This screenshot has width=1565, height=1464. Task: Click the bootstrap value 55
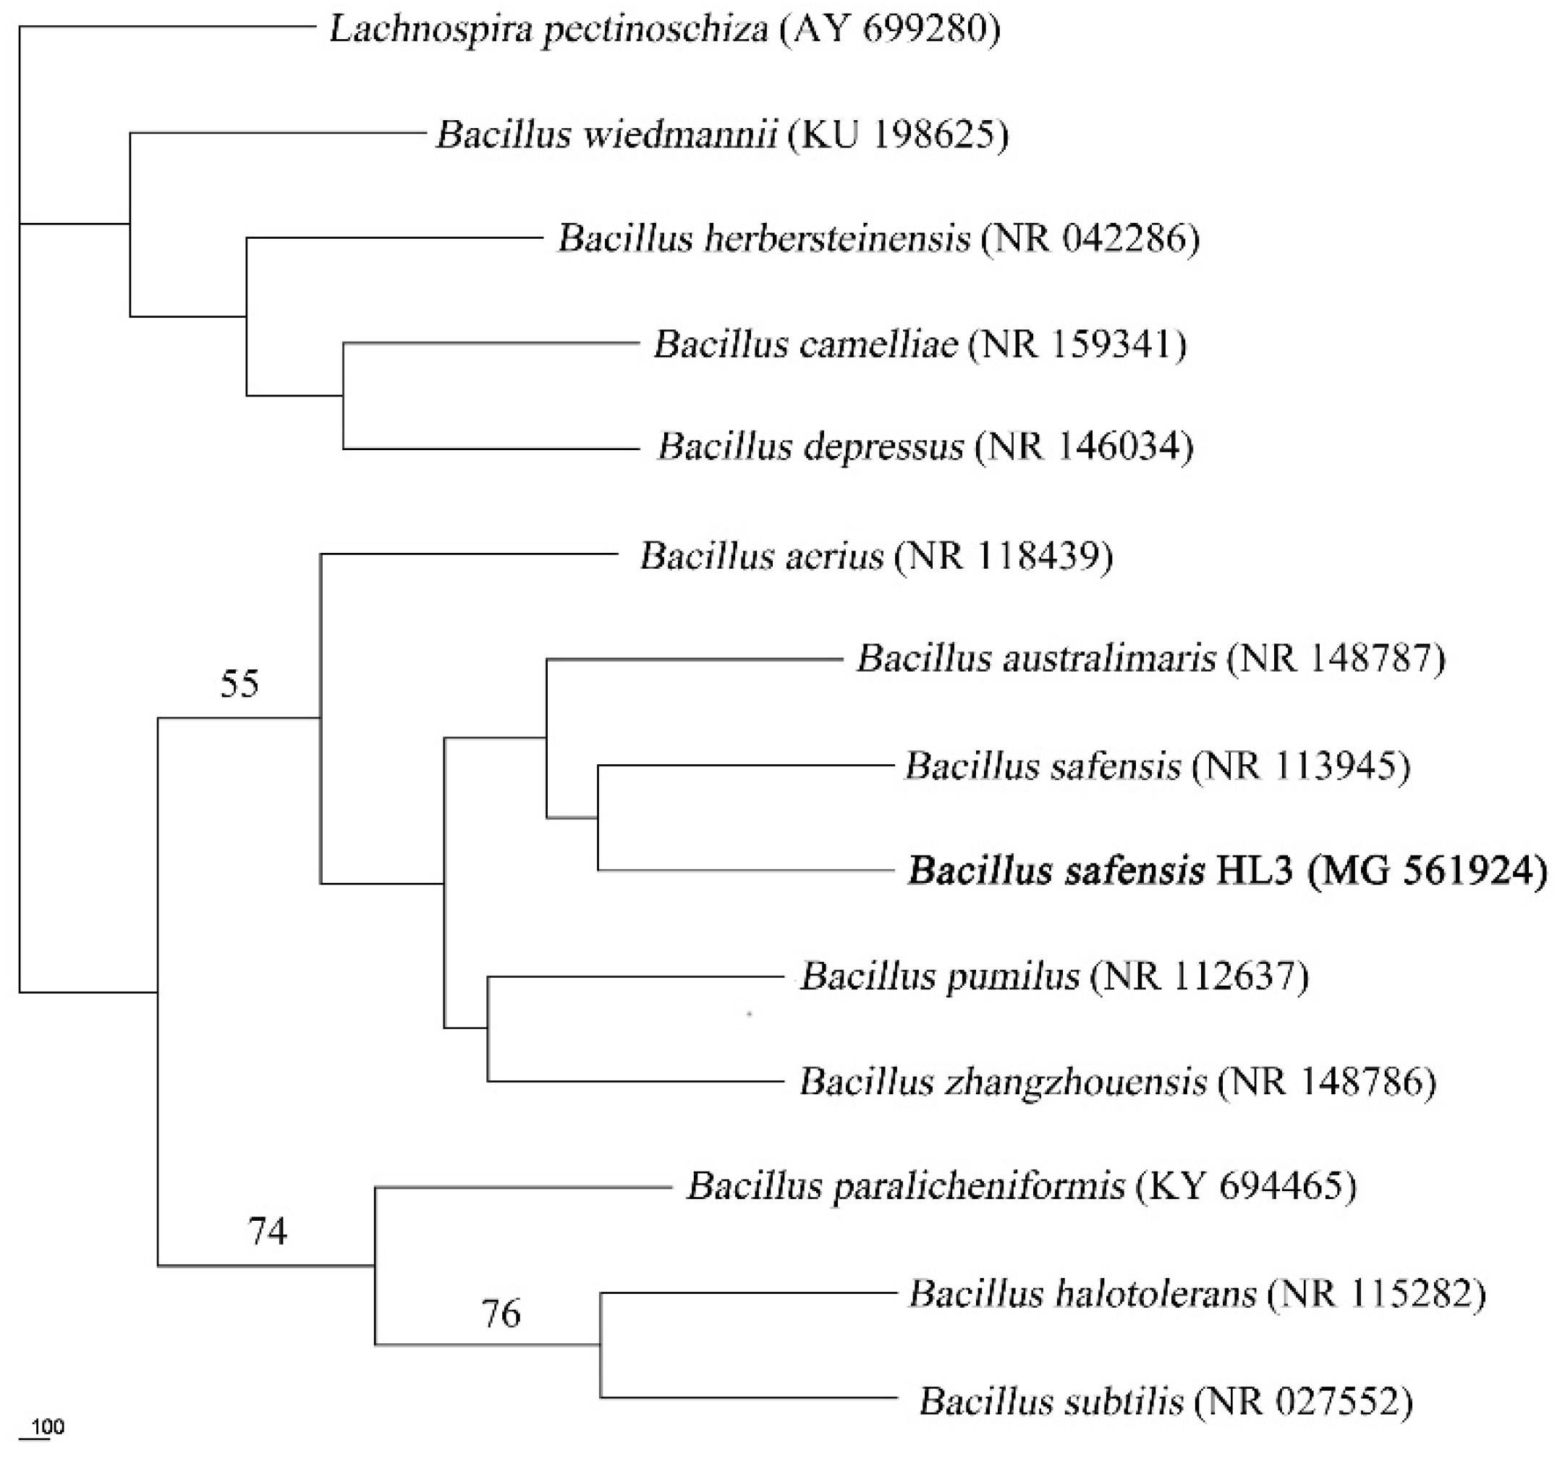pos(239,684)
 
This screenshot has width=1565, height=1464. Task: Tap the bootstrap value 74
pos(268,1230)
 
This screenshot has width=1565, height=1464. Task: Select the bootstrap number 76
pos(501,1313)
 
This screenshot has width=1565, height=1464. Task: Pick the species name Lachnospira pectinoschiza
pos(548,30)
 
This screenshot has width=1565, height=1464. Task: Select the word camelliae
pos(875,344)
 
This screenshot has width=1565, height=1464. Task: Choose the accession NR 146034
pos(1083,447)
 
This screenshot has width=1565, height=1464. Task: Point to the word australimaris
pos(1108,659)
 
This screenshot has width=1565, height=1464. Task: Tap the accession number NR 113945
pos(1300,766)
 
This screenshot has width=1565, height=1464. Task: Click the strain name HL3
pos(1255,872)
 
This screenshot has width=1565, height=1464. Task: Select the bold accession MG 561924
pos(1428,872)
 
